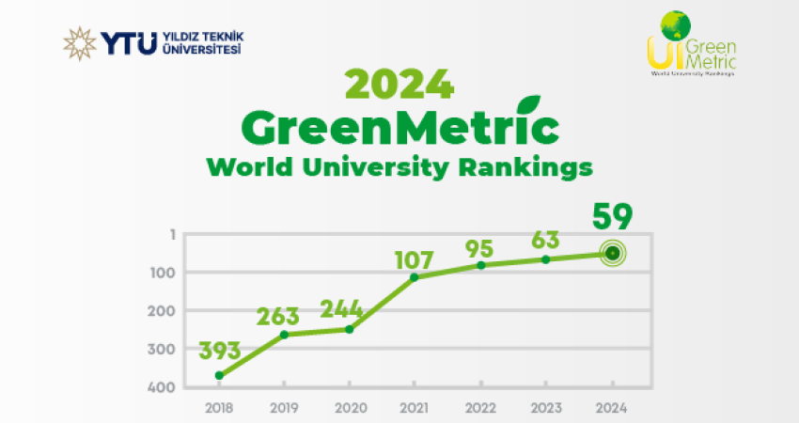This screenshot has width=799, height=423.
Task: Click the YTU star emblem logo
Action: (79, 43)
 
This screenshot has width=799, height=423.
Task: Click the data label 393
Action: (220, 351)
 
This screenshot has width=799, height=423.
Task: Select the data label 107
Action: (415, 257)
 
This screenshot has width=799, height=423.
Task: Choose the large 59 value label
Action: (612, 217)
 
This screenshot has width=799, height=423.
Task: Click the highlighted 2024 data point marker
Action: (612, 253)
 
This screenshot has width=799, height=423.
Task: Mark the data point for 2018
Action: (219, 376)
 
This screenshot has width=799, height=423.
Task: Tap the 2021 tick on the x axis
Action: (415, 408)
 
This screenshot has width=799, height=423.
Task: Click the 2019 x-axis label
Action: (284, 408)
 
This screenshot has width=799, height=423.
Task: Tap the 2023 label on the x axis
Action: (546, 408)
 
